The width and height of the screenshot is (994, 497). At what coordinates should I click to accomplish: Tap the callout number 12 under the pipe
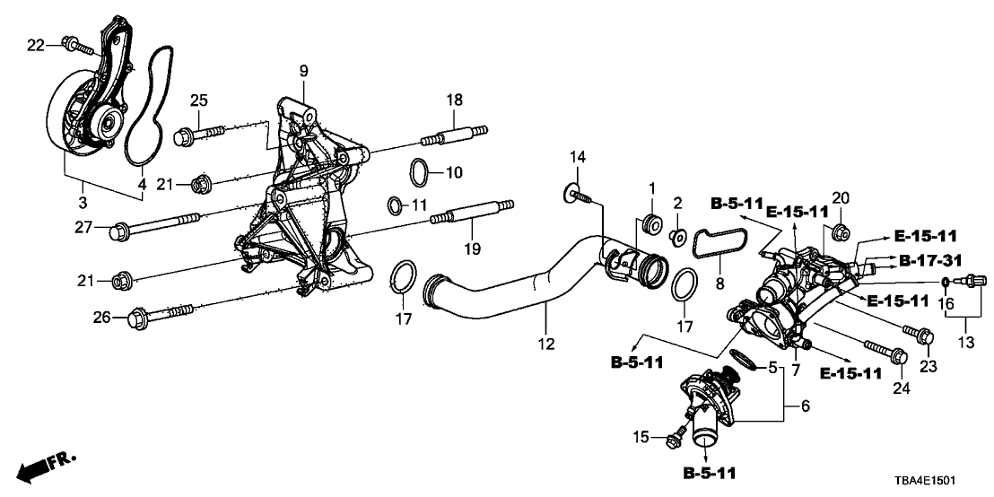click(x=545, y=344)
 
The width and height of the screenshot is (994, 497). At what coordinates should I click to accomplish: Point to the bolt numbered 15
click(x=678, y=437)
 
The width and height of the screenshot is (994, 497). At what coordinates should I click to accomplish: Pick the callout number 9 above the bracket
click(x=303, y=70)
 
